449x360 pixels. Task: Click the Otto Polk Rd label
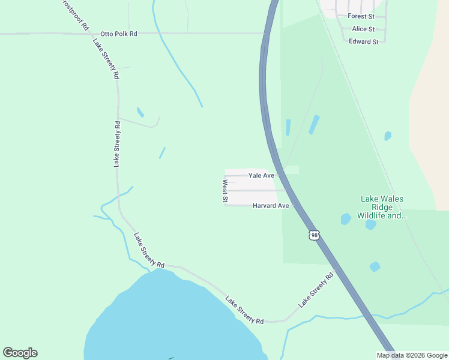pos(119,34)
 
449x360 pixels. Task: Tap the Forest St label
pos(361,17)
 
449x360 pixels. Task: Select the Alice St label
pos(363,29)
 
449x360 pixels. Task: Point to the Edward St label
pos(364,41)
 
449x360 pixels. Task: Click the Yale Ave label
pos(261,175)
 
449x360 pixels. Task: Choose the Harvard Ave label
pos(271,206)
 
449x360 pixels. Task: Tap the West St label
pos(225,191)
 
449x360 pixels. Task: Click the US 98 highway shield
pos(314,235)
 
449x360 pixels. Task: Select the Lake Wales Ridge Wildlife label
pos(381,207)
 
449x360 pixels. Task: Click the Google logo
pos(20,353)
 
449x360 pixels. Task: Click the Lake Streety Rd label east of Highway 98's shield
pos(316,291)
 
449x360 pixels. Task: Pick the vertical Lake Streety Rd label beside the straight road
pos(117,143)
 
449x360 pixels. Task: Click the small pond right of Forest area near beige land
pos(388,136)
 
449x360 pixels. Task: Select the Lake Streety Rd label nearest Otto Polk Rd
pos(106,59)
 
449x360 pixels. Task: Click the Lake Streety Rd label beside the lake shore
pos(244,310)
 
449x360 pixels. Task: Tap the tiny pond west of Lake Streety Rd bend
pos(140,112)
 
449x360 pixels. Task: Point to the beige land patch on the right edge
pos(429,120)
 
